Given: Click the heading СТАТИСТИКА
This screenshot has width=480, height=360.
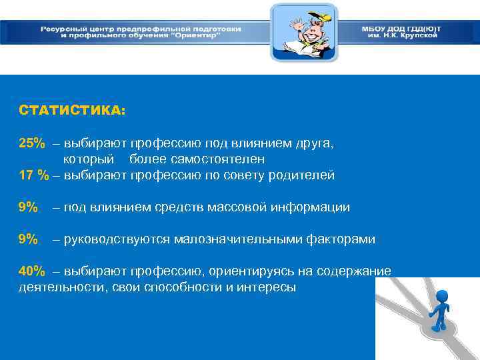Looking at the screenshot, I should tap(72, 111).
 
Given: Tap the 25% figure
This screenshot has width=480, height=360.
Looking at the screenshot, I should tap(31, 143).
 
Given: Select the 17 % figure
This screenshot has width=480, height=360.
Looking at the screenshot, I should tap(34, 175).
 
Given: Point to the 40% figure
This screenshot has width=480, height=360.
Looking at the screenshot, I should tap(31, 271).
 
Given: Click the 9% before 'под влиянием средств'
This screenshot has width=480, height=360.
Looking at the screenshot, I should tap(28, 207).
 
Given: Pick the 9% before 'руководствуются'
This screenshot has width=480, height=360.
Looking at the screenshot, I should tap(28, 239).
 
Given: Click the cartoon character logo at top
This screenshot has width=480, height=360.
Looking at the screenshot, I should tap(303, 33).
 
